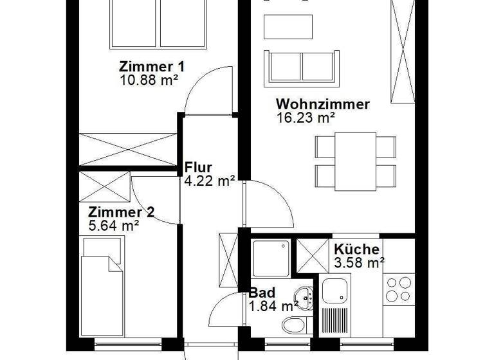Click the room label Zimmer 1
click(152, 66)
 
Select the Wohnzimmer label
click(323, 105)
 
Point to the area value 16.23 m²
click(306, 118)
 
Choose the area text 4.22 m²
click(209, 181)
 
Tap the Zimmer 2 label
click(122, 212)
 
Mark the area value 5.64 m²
click(114, 226)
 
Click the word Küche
click(356, 249)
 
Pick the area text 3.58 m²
click(359, 262)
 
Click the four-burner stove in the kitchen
click(398, 290)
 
